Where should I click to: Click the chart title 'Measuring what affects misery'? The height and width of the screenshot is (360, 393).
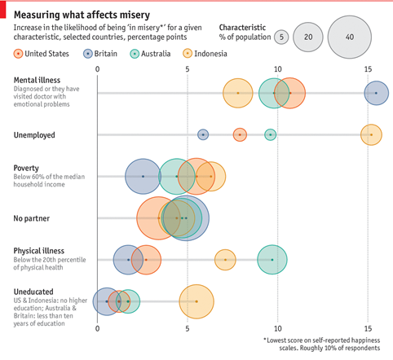point(82,15)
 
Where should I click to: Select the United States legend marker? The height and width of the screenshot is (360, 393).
point(18,54)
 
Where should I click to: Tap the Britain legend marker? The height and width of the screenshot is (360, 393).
point(88,54)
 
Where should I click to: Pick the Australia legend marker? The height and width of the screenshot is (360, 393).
point(135,54)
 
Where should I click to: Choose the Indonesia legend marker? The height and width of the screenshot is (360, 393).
point(188,54)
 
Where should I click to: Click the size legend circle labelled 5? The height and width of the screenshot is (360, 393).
point(281,37)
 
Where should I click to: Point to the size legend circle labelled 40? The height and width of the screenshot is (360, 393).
point(350,37)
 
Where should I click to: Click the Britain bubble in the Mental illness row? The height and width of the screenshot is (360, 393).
point(377,93)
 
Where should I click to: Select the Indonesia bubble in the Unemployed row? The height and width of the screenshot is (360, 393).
point(371,134)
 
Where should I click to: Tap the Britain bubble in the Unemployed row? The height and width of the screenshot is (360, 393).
point(203,134)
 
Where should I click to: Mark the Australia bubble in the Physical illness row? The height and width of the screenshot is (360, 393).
point(272,260)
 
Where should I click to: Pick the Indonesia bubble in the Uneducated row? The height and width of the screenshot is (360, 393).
point(196,301)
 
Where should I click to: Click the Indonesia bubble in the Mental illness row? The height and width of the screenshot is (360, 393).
point(238,93)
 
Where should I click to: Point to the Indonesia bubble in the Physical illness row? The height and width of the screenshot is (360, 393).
point(225,260)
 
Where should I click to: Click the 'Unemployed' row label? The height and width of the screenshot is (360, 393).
point(34,135)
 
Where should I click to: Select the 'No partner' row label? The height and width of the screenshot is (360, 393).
point(32,218)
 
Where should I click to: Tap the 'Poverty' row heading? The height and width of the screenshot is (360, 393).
point(26,168)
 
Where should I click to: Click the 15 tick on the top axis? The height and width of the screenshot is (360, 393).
point(368,69)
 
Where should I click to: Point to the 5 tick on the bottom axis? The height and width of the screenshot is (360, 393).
point(188,329)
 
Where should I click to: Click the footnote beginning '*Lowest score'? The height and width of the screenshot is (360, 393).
point(322,345)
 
